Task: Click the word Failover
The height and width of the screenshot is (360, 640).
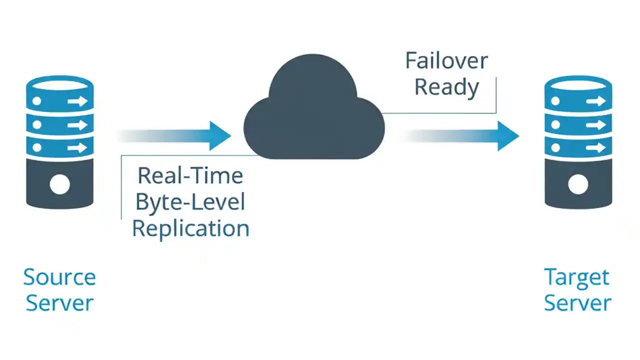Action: click(x=446, y=61)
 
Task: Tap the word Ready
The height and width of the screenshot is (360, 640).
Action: click(x=446, y=87)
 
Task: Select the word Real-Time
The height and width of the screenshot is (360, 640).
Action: click(x=190, y=175)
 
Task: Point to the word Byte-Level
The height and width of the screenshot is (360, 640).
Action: click(x=190, y=202)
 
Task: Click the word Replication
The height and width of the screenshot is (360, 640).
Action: click(x=190, y=228)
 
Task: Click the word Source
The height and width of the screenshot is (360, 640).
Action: click(x=59, y=277)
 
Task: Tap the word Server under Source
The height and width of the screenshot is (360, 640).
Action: click(x=59, y=303)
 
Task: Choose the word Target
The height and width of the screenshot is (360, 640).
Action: click(x=577, y=277)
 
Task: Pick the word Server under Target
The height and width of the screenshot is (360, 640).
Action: click(x=577, y=303)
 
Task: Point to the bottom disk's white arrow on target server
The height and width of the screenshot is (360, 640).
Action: click(x=595, y=147)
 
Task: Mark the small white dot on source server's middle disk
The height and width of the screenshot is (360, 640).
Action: click(x=36, y=124)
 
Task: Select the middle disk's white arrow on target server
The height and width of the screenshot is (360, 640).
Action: click(x=595, y=124)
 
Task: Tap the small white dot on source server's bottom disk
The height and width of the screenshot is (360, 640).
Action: click(x=36, y=147)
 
